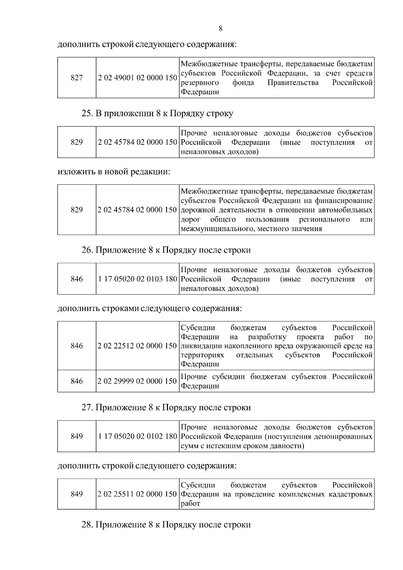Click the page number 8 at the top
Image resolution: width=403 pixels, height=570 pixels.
(220, 29)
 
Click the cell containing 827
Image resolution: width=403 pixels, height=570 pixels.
(77, 78)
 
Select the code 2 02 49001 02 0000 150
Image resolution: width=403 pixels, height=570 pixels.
(137, 78)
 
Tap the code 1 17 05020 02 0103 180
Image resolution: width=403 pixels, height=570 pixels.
(137, 279)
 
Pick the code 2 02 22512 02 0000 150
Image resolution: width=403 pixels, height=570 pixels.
(137, 346)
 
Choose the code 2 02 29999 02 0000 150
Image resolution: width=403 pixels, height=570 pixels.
(137, 381)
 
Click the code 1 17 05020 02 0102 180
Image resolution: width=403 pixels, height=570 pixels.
(137, 436)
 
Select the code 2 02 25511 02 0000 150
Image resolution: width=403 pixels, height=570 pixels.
(137, 494)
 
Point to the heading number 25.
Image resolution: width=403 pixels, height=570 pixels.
(87, 114)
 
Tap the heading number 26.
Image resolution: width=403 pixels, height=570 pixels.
(87, 251)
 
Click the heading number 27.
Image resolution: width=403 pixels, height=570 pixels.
(87, 408)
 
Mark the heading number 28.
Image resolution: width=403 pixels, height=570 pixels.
(87, 525)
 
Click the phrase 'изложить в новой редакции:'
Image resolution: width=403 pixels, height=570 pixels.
(114, 172)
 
